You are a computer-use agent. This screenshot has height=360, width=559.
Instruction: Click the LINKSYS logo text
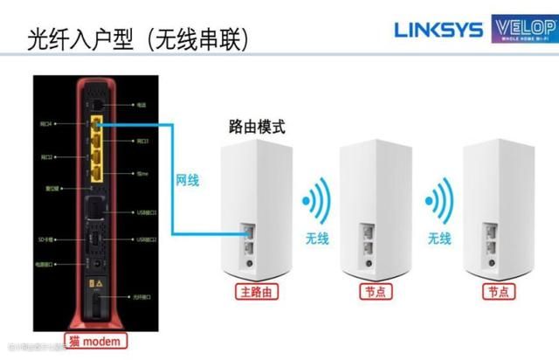(x=437, y=30)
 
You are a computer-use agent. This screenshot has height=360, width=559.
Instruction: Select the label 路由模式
(x=256, y=126)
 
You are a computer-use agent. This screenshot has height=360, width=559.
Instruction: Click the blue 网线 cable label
(x=188, y=181)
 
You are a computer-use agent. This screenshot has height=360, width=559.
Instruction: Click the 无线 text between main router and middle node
(x=318, y=238)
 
